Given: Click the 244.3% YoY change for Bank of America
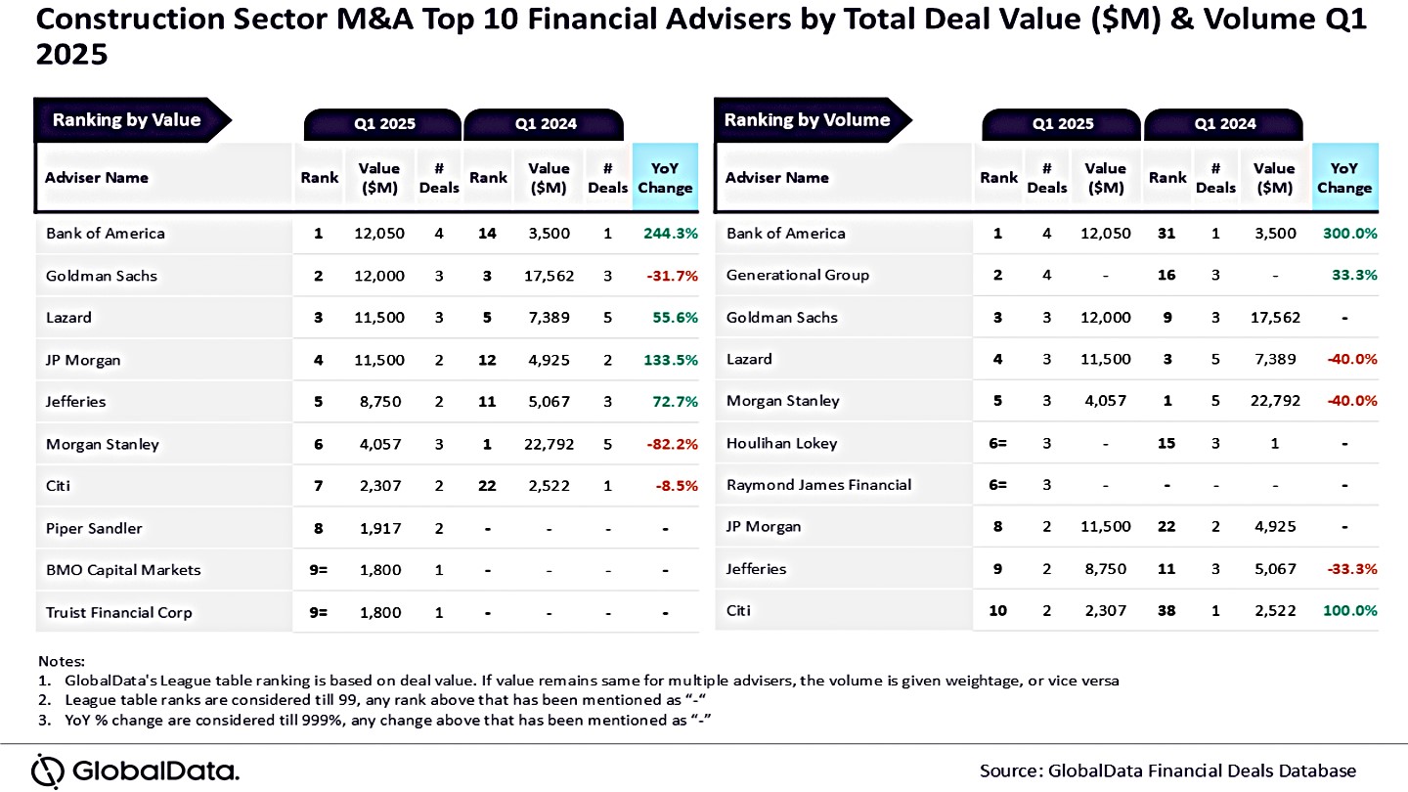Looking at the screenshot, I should click(x=670, y=234).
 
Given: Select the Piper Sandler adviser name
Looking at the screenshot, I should click(x=94, y=529).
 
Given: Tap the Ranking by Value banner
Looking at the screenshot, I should click(x=127, y=120).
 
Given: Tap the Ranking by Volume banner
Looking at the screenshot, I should click(x=808, y=120).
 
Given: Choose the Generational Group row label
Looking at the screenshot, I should click(x=797, y=276).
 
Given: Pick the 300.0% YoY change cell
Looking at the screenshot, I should click(x=1350, y=234).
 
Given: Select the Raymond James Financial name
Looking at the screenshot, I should click(x=818, y=485).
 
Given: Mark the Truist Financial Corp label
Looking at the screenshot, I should click(x=119, y=613).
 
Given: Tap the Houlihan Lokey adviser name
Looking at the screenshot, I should click(x=781, y=444).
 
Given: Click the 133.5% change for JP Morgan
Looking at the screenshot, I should click(x=670, y=361).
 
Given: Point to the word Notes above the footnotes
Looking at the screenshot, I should click(x=62, y=662).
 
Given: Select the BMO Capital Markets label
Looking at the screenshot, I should click(x=123, y=571).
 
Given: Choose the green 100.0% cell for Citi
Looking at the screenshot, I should click(x=1350, y=611).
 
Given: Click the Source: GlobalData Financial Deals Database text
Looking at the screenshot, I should click(x=1167, y=770).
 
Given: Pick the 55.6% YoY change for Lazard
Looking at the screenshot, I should click(x=674, y=318).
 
